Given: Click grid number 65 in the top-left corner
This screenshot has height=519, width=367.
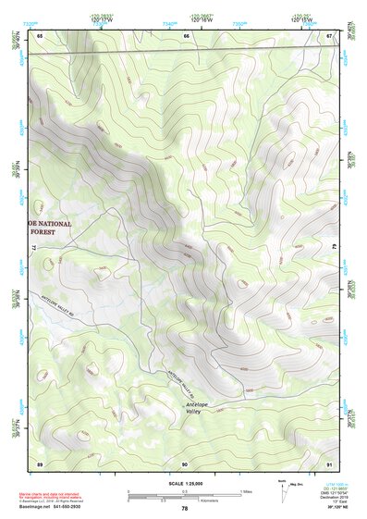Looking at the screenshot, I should tap(40, 35).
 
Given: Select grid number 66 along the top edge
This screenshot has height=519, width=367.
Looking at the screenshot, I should tap(186, 35).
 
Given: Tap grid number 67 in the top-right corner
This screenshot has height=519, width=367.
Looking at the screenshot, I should tap(331, 35).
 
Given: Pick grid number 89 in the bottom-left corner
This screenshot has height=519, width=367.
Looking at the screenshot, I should tap(40, 462).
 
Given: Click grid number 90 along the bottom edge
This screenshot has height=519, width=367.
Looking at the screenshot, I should tap(185, 462).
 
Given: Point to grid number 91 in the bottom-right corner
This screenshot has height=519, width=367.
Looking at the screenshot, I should tap(330, 462).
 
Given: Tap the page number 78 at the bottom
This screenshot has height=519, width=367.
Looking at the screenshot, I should tap(185, 509).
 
